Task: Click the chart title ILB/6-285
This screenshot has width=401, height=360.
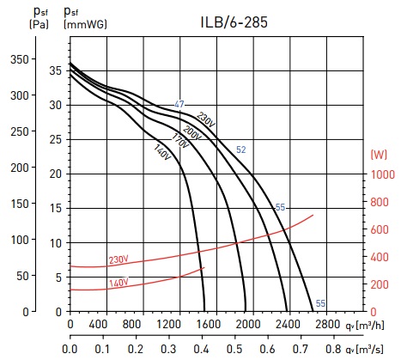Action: pyautogui.click(x=234, y=22)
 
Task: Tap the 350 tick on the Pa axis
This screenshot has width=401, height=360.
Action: pyautogui.click(x=20, y=59)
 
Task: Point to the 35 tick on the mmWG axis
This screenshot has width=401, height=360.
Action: pyautogui.click(x=56, y=70)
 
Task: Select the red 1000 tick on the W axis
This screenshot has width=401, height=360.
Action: pyautogui.click(x=383, y=174)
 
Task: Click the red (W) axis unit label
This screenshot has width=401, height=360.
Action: pyautogui.click(x=379, y=155)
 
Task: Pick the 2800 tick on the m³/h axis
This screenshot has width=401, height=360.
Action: pyautogui.click(x=328, y=324)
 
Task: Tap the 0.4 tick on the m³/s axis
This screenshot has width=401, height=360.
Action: pyautogui.click(x=202, y=350)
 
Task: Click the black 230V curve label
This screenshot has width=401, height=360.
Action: pyautogui.click(x=205, y=119)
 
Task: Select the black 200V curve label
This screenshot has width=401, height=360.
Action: pyautogui.click(x=191, y=133)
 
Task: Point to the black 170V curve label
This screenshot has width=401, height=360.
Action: pyautogui.click(x=180, y=141)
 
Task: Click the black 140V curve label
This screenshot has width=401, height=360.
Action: pyautogui.click(x=162, y=152)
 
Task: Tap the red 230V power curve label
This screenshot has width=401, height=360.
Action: pyautogui.click(x=118, y=259)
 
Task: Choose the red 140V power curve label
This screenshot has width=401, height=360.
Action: pyautogui.click(x=118, y=284)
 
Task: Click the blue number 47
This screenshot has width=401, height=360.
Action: pyautogui.click(x=179, y=104)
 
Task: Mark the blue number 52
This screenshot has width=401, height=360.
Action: pyautogui.click(x=241, y=149)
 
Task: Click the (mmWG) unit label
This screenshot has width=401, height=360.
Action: pyautogui.click(x=85, y=24)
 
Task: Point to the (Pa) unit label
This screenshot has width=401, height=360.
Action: pyautogui.click(x=39, y=24)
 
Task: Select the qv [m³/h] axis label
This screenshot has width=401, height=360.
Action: pyautogui.click(x=365, y=325)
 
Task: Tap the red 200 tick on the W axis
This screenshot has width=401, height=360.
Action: pyautogui.click(x=380, y=284)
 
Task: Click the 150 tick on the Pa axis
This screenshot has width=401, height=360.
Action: pyautogui.click(x=20, y=204)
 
